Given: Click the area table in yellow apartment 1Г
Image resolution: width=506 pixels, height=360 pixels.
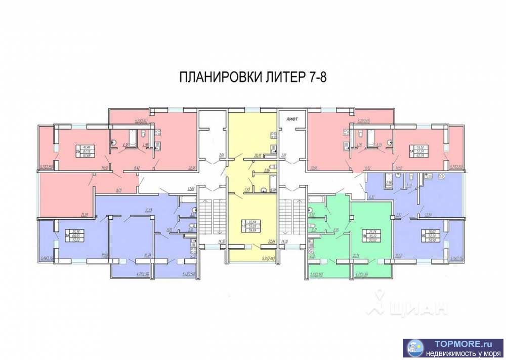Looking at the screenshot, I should click(x=251, y=224).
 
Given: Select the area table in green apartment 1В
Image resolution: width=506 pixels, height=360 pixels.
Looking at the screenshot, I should click(x=370, y=235).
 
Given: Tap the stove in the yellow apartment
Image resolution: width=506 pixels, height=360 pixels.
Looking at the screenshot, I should click(x=273, y=134).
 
